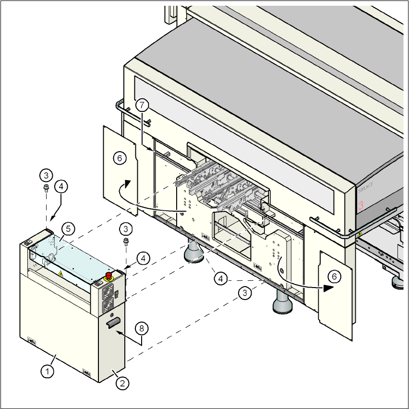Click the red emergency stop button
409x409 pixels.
109,276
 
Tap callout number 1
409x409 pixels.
47,371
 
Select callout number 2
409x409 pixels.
122,383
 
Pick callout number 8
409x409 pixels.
142,328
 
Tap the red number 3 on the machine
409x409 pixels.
361,206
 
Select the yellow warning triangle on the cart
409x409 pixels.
60,274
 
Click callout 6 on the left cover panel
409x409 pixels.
120,157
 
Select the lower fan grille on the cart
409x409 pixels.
107,304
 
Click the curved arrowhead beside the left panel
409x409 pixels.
128,183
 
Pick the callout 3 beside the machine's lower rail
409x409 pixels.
245,291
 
